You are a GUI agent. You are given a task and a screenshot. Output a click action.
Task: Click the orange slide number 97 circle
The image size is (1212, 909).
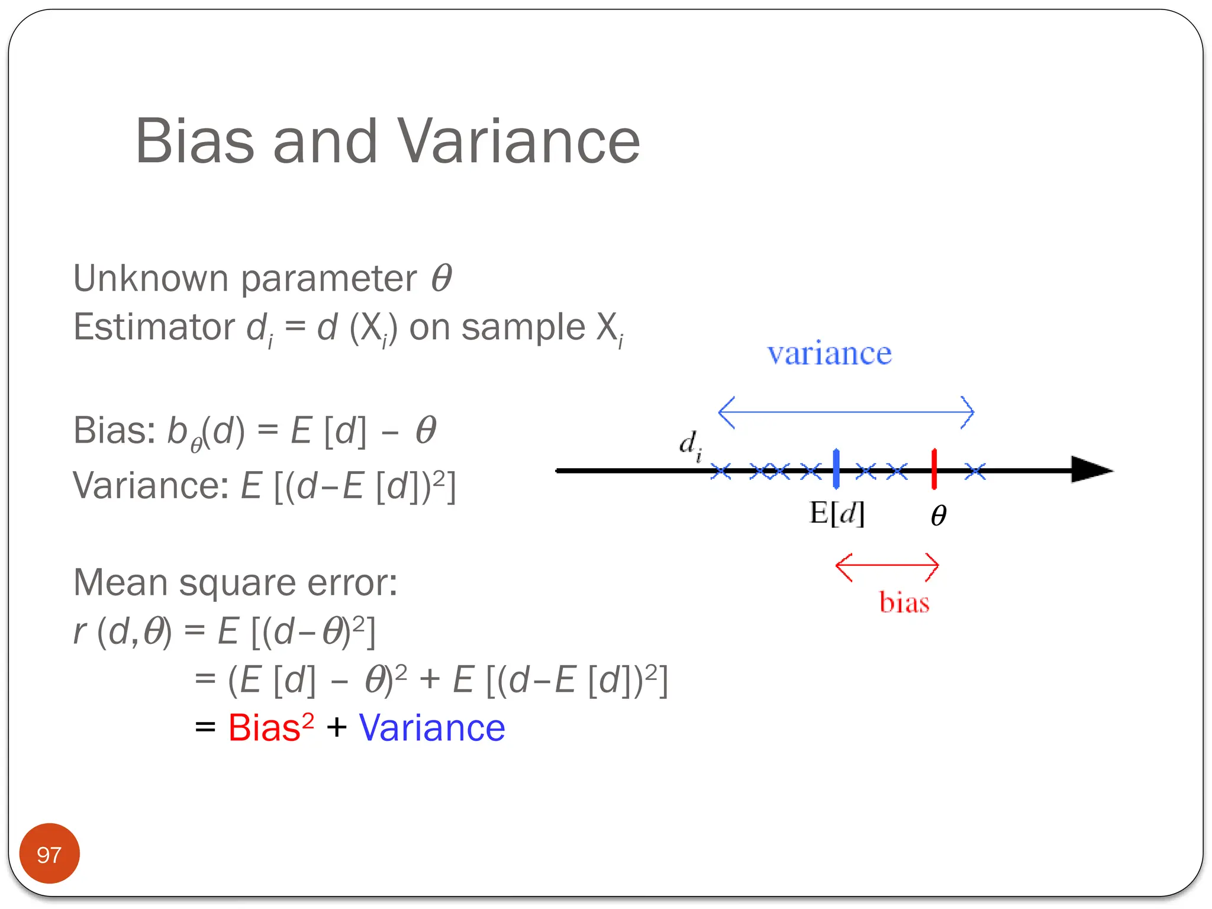(49, 853)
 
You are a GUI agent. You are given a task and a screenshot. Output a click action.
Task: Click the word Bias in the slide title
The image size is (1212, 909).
(195, 141)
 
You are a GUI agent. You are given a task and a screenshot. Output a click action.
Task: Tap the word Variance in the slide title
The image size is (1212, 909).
(518, 141)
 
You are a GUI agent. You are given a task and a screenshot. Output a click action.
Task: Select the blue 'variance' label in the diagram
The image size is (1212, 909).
(829, 354)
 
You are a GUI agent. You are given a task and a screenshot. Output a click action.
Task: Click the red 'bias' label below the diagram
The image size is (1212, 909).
(904, 602)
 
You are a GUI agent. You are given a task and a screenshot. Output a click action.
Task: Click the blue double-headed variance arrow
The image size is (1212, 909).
(846, 412)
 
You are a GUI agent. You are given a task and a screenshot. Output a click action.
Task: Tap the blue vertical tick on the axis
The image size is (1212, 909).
(836, 469)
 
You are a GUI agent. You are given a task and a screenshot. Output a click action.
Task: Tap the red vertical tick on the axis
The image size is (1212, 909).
(934, 469)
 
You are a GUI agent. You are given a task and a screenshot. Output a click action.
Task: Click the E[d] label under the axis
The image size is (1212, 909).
(837, 513)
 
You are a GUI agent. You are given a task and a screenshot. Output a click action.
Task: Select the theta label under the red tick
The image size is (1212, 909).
(938, 515)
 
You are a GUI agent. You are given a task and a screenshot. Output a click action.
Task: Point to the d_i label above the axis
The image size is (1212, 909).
(690, 444)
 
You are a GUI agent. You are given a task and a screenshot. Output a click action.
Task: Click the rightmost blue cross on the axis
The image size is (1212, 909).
(975, 472)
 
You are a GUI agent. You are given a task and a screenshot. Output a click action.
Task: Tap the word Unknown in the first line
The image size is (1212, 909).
(150, 278)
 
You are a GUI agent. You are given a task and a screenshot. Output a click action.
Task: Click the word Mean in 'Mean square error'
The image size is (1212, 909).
(120, 582)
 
